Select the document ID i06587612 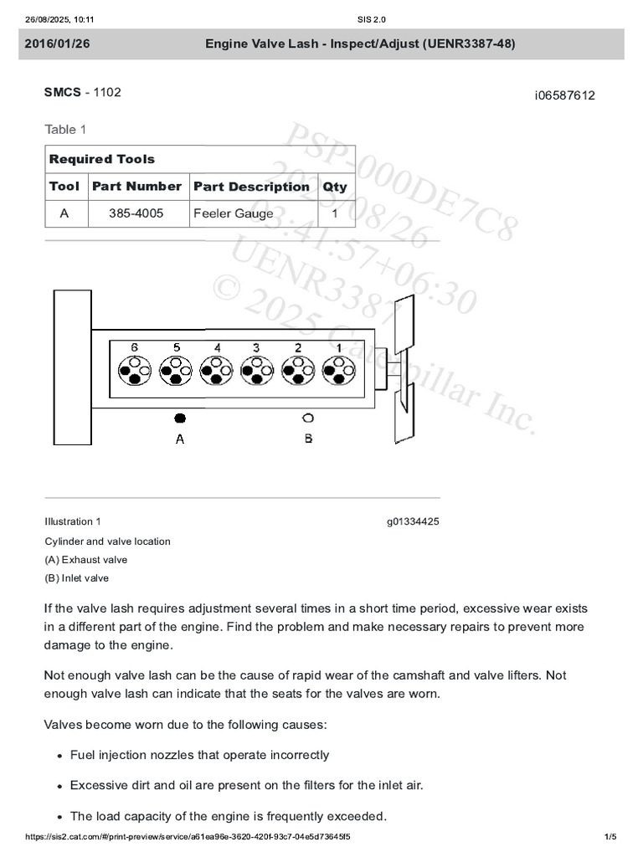click(564, 95)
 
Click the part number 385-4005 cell click(136, 213)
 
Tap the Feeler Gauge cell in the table click(233, 213)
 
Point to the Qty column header click(335, 187)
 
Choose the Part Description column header click(251, 187)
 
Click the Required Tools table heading click(102, 159)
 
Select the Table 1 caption click(65, 129)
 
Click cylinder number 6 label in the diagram click(135, 346)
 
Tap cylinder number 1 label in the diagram click(338, 346)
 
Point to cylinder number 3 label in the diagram click(256, 346)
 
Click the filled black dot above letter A click(179, 417)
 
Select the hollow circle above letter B click(308, 417)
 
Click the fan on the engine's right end click(405, 368)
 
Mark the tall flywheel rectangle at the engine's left click(72, 367)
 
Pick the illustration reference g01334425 click(413, 521)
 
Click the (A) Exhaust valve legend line click(86, 560)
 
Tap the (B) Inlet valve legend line click(76, 578)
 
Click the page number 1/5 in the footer click(610, 837)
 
